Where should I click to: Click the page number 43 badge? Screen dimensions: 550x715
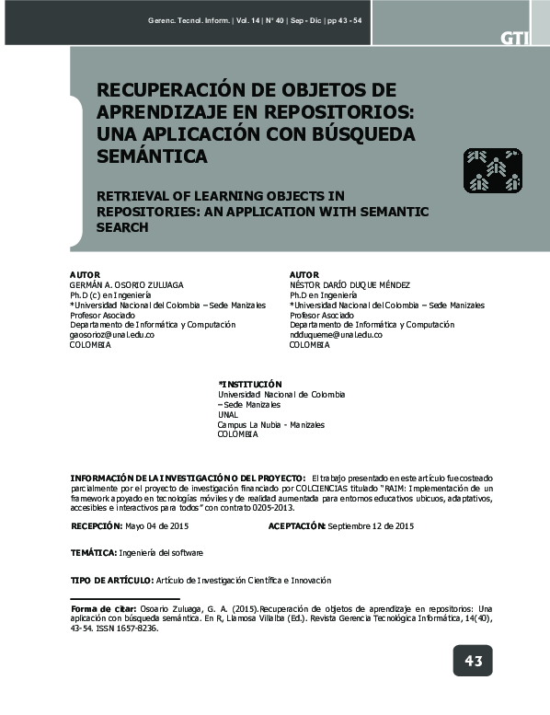tap(473, 661)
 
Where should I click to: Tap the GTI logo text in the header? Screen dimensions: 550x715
tap(514, 38)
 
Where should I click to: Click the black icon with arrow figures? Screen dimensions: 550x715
tap(492, 170)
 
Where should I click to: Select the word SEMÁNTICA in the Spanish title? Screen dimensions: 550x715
tap(152, 156)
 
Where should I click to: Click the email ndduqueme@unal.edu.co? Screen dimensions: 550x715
tap(336, 335)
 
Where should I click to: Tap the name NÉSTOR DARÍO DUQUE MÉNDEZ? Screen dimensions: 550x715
tap(349, 285)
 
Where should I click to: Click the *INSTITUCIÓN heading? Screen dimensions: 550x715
tap(249, 384)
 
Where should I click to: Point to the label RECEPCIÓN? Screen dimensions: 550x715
tap(96, 525)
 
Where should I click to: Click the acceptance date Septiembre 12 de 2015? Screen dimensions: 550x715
tap(371, 525)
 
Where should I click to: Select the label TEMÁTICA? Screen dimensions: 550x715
tap(93, 553)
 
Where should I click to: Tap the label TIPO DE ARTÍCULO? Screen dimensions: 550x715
tap(112, 581)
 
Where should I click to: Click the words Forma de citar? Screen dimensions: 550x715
tap(103, 609)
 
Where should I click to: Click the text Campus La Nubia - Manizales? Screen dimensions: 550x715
tap(270, 424)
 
